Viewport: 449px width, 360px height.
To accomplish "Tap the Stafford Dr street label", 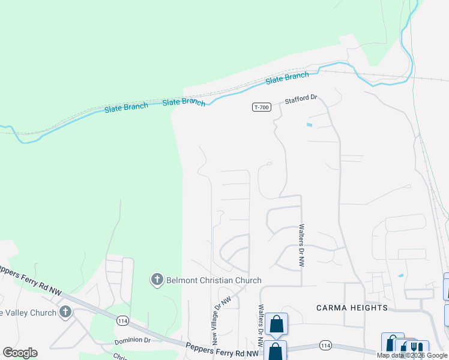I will tap(300, 99).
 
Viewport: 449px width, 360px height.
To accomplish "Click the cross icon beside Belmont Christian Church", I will tap(157, 280).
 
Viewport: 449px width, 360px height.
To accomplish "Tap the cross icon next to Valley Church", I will tap(65, 312).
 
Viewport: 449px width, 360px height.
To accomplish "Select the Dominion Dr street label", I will tap(132, 340).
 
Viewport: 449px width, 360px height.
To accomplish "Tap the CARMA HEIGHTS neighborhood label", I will tap(352, 308).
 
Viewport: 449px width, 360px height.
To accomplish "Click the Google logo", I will tap(20, 353).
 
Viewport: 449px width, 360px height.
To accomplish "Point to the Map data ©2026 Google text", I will tap(412, 355).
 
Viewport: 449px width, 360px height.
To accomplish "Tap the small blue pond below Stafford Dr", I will tap(309, 125).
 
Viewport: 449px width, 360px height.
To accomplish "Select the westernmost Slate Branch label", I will tap(125, 107).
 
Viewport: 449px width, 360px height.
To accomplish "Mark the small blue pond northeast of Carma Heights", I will tap(400, 276).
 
